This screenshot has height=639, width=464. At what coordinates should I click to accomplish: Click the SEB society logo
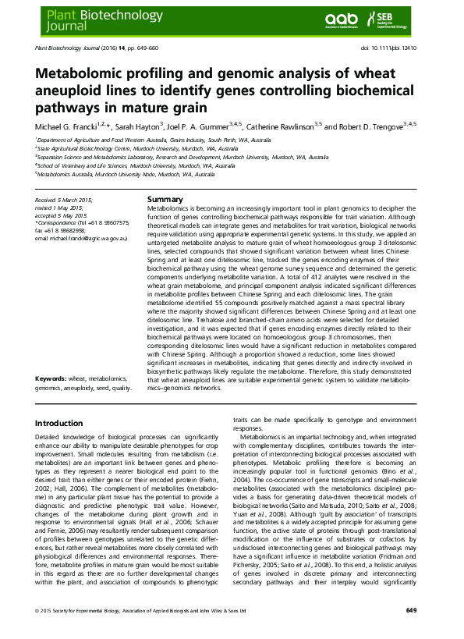pyautogui.click(x=412, y=19)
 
